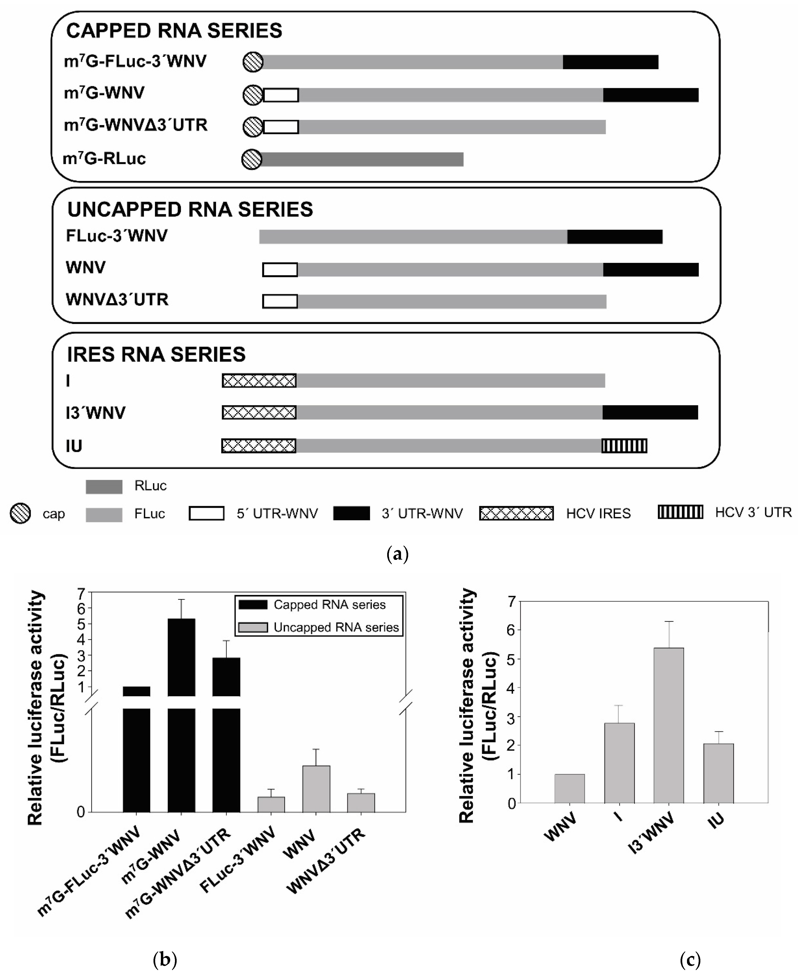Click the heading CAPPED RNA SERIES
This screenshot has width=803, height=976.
coord(174,31)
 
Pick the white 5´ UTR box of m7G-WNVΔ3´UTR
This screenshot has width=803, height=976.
coord(281,127)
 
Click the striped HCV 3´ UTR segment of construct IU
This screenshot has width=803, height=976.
coord(624,446)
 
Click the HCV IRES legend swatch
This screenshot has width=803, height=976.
coord(516,514)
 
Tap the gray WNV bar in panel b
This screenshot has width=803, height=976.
coord(316,789)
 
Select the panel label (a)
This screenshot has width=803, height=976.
coord(397,554)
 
